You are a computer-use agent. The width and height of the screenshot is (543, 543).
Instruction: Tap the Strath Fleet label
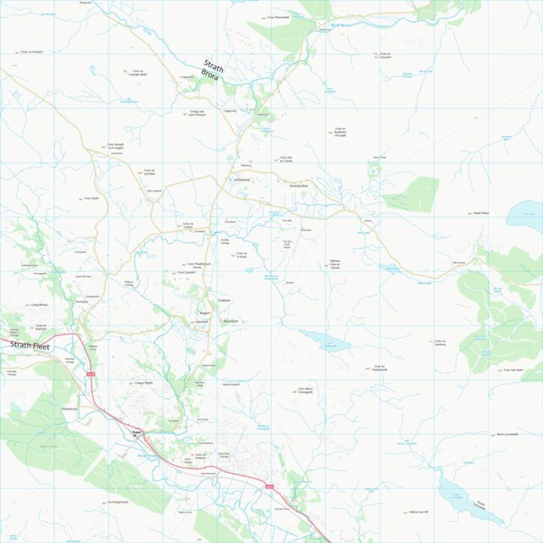pyautogui.click(x=30, y=346)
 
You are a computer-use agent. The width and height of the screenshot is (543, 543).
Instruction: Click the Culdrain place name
pyautogui.click(x=224, y=301)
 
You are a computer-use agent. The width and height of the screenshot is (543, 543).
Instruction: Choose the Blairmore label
pyautogui.click(x=230, y=321)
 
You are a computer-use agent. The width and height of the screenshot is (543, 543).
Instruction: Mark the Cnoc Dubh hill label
pyautogui.click(x=91, y=198)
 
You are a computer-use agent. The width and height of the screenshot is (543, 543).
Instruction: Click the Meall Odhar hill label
pyautogui.click(x=482, y=213)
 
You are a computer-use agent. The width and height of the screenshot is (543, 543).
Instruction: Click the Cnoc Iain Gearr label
pyautogui.click(x=513, y=370)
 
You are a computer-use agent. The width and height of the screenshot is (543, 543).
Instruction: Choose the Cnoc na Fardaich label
pyautogui.click(x=30, y=52)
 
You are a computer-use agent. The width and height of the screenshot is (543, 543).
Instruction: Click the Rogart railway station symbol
pyautogui.click(x=135, y=434)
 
